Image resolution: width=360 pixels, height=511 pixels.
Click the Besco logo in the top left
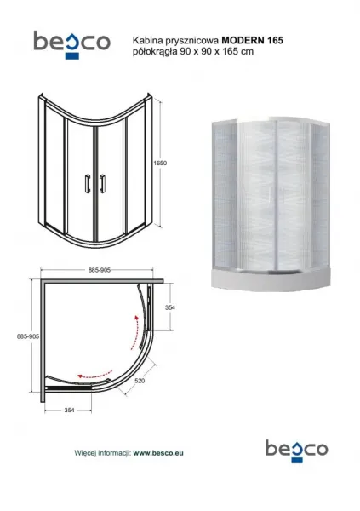pyautogui.click(x=71, y=44)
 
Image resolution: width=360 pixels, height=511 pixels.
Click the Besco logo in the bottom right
pyautogui.click(x=297, y=451)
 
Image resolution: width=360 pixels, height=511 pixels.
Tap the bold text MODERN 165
pyautogui.click(x=252, y=40)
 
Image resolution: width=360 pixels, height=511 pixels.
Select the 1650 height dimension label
pyautogui.click(x=160, y=163)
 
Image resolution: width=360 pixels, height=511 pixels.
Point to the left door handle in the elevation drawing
pyautogui.click(x=88, y=183)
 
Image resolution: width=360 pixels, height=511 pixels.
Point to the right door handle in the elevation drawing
pyautogui.click(x=103, y=183)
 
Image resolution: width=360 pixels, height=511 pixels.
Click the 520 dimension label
pyautogui.click(x=140, y=381)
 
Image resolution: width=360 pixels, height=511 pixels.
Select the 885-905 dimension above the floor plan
pyautogui.click(x=100, y=270)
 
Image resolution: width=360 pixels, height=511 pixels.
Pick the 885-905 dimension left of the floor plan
pyautogui.click(x=28, y=336)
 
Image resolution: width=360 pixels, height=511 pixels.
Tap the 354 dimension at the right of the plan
pyautogui.click(x=169, y=307)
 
